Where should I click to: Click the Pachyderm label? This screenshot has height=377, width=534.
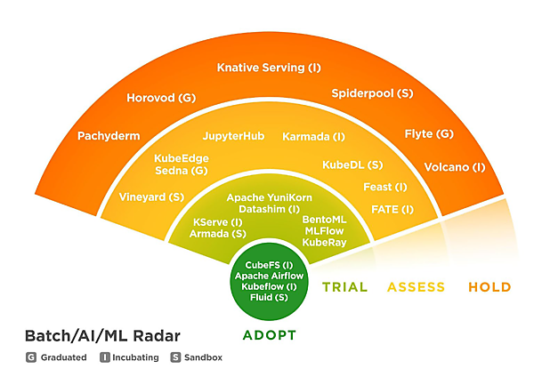pos(109,136)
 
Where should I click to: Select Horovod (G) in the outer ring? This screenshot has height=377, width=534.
pos(161,97)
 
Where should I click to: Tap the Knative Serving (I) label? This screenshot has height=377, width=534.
pos(269,68)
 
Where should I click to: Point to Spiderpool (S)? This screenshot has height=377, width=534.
pos(372,92)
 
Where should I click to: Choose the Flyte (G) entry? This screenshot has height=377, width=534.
pos(429,133)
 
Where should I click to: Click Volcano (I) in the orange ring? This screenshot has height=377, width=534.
pos(455,166)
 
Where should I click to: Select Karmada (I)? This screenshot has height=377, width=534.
pos(313,137)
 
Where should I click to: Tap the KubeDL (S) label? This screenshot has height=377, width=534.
pos(352,164)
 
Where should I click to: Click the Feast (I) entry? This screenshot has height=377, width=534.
pos(385,187)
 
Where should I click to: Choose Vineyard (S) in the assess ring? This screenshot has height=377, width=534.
pos(151,196)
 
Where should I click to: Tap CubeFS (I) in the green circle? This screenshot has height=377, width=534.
pos(269,265)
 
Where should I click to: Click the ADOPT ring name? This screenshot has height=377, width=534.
pos(269,335)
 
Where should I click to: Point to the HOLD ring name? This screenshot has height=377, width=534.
pos(489,287)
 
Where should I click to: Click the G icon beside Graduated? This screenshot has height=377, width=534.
pos(31,357)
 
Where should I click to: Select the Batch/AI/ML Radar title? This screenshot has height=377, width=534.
pos(102,335)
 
